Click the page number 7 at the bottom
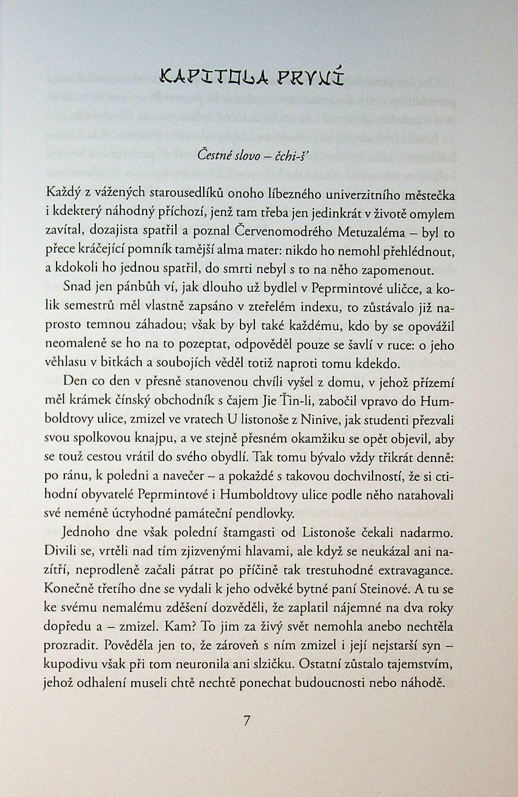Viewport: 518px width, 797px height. point(247,720)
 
